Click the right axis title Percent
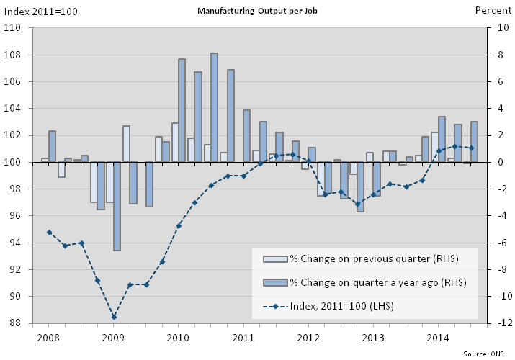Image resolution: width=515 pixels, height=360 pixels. click(x=493, y=11)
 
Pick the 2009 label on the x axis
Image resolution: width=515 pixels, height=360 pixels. click(x=113, y=337)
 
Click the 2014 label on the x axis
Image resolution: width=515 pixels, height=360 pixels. click(x=439, y=337)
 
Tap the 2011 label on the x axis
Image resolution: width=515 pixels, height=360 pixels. click(x=243, y=337)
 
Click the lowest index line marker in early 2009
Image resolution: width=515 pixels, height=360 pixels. click(x=114, y=317)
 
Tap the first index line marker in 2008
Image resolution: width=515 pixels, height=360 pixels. click(x=49, y=233)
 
